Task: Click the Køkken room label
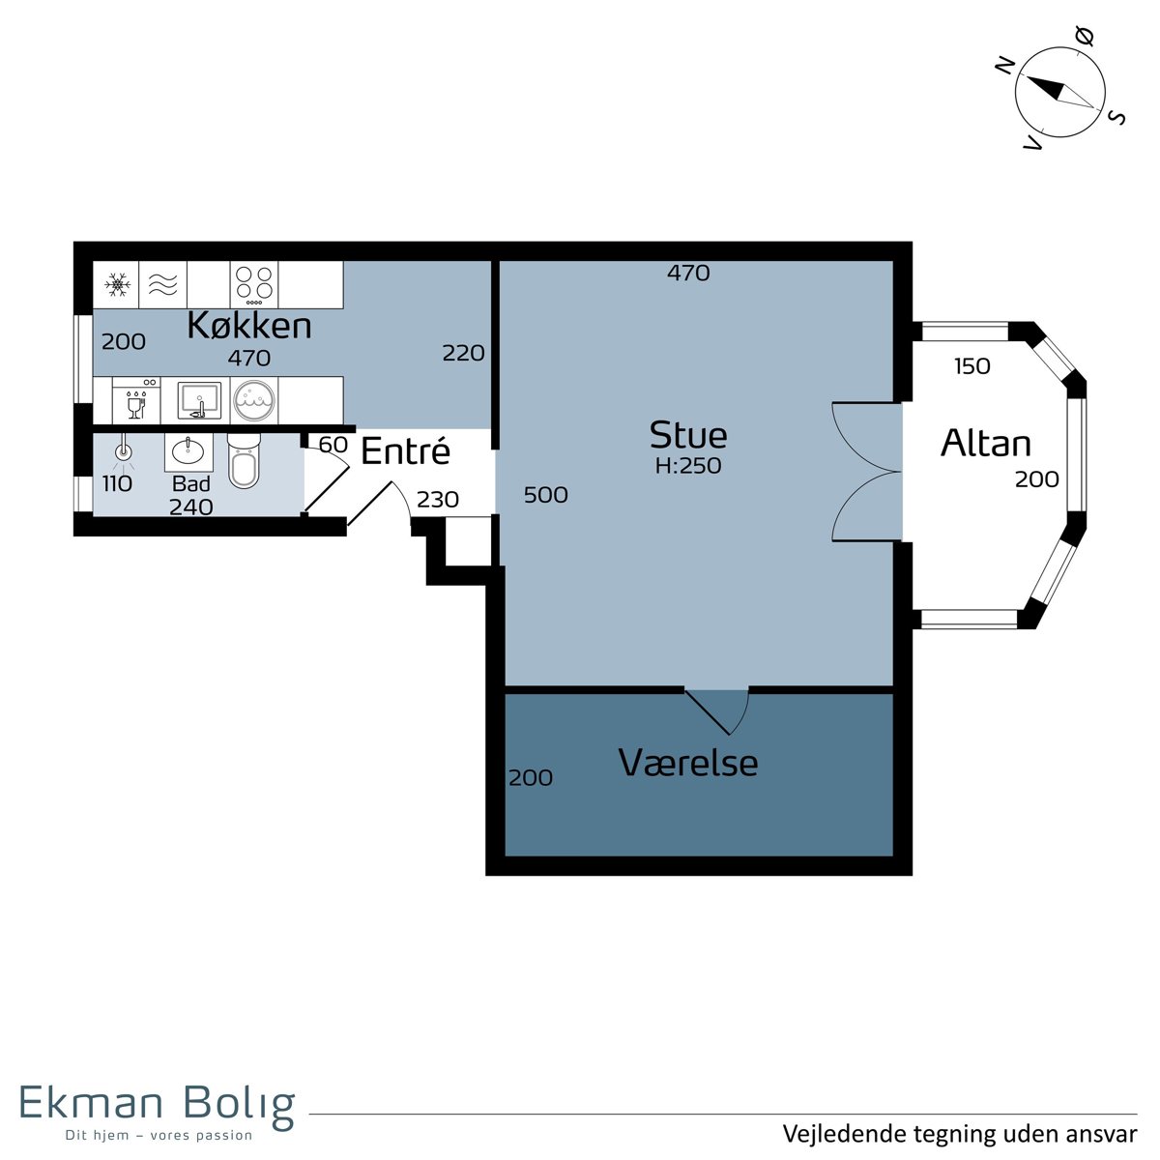tap(249, 326)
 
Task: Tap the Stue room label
tap(688, 435)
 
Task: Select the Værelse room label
tap(688, 763)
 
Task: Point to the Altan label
tap(985, 443)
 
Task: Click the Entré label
tap(405, 450)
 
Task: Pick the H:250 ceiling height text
tap(688, 466)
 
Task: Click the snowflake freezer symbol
tap(117, 285)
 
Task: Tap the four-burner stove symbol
tap(253, 284)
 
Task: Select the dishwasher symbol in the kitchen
tap(136, 400)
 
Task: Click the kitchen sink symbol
tap(199, 400)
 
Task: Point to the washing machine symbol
tap(254, 400)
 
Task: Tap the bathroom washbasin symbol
tap(188, 452)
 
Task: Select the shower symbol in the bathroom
tap(124, 452)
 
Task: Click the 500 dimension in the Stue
tap(545, 495)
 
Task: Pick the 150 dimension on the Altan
tap(972, 366)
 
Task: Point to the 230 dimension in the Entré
tap(438, 500)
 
